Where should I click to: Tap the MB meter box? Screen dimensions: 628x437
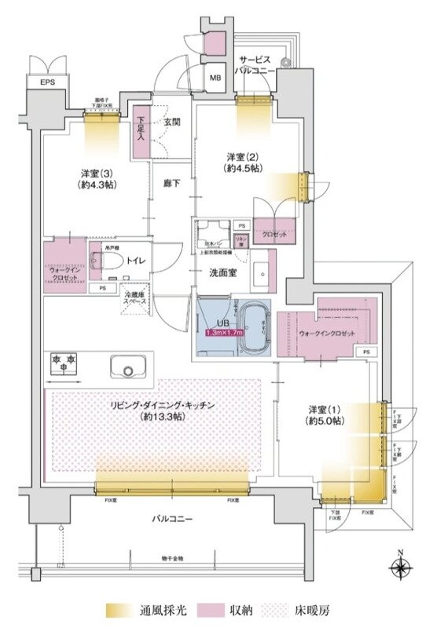(x=215, y=77)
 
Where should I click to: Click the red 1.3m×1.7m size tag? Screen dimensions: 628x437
(x=226, y=332)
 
